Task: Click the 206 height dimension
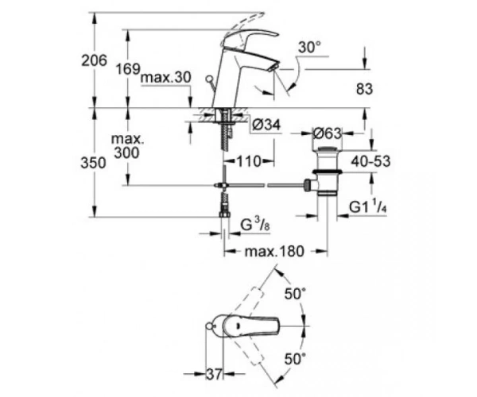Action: (95, 60)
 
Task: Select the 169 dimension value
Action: (128, 69)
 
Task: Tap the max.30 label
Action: (166, 77)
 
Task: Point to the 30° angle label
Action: (310, 48)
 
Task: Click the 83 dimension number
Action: (364, 89)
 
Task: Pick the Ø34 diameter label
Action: (266, 125)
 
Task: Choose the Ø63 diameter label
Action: (328, 133)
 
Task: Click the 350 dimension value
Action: (93, 163)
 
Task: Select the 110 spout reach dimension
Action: (249, 161)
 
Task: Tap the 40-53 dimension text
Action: (370, 161)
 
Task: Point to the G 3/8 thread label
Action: (255, 225)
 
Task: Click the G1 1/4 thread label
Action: (368, 207)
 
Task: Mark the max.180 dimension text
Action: (274, 251)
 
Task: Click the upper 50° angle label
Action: (295, 294)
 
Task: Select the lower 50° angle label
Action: (295, 359)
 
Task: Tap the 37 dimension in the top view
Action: (215, 374)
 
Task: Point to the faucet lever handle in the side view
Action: (253, 37)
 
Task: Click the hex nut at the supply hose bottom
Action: (224, 214)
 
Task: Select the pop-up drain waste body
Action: (327, 172)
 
